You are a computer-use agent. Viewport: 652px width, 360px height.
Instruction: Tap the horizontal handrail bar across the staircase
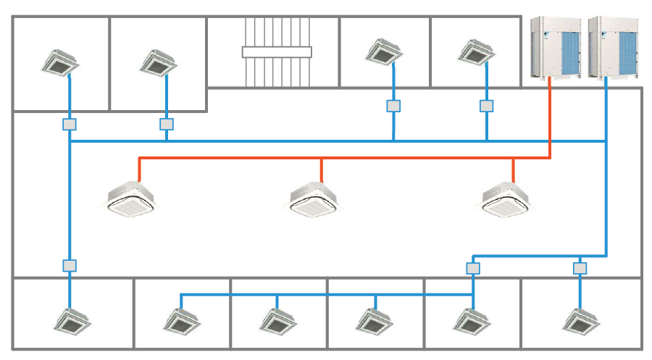point(277,52)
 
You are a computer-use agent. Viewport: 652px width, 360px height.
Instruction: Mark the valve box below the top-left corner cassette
point(69,124)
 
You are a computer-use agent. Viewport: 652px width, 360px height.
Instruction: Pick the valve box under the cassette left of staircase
point(167,124)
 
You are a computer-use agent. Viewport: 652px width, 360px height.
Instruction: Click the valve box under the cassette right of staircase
point(393,106)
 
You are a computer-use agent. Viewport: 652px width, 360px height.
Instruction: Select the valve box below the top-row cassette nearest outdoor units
point(486,106)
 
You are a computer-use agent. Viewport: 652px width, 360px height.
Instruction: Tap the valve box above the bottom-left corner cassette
point(69,265)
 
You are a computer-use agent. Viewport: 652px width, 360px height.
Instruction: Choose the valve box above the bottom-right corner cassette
point(580,268)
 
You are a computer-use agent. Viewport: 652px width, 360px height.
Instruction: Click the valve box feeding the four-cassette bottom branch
point(473,268)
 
